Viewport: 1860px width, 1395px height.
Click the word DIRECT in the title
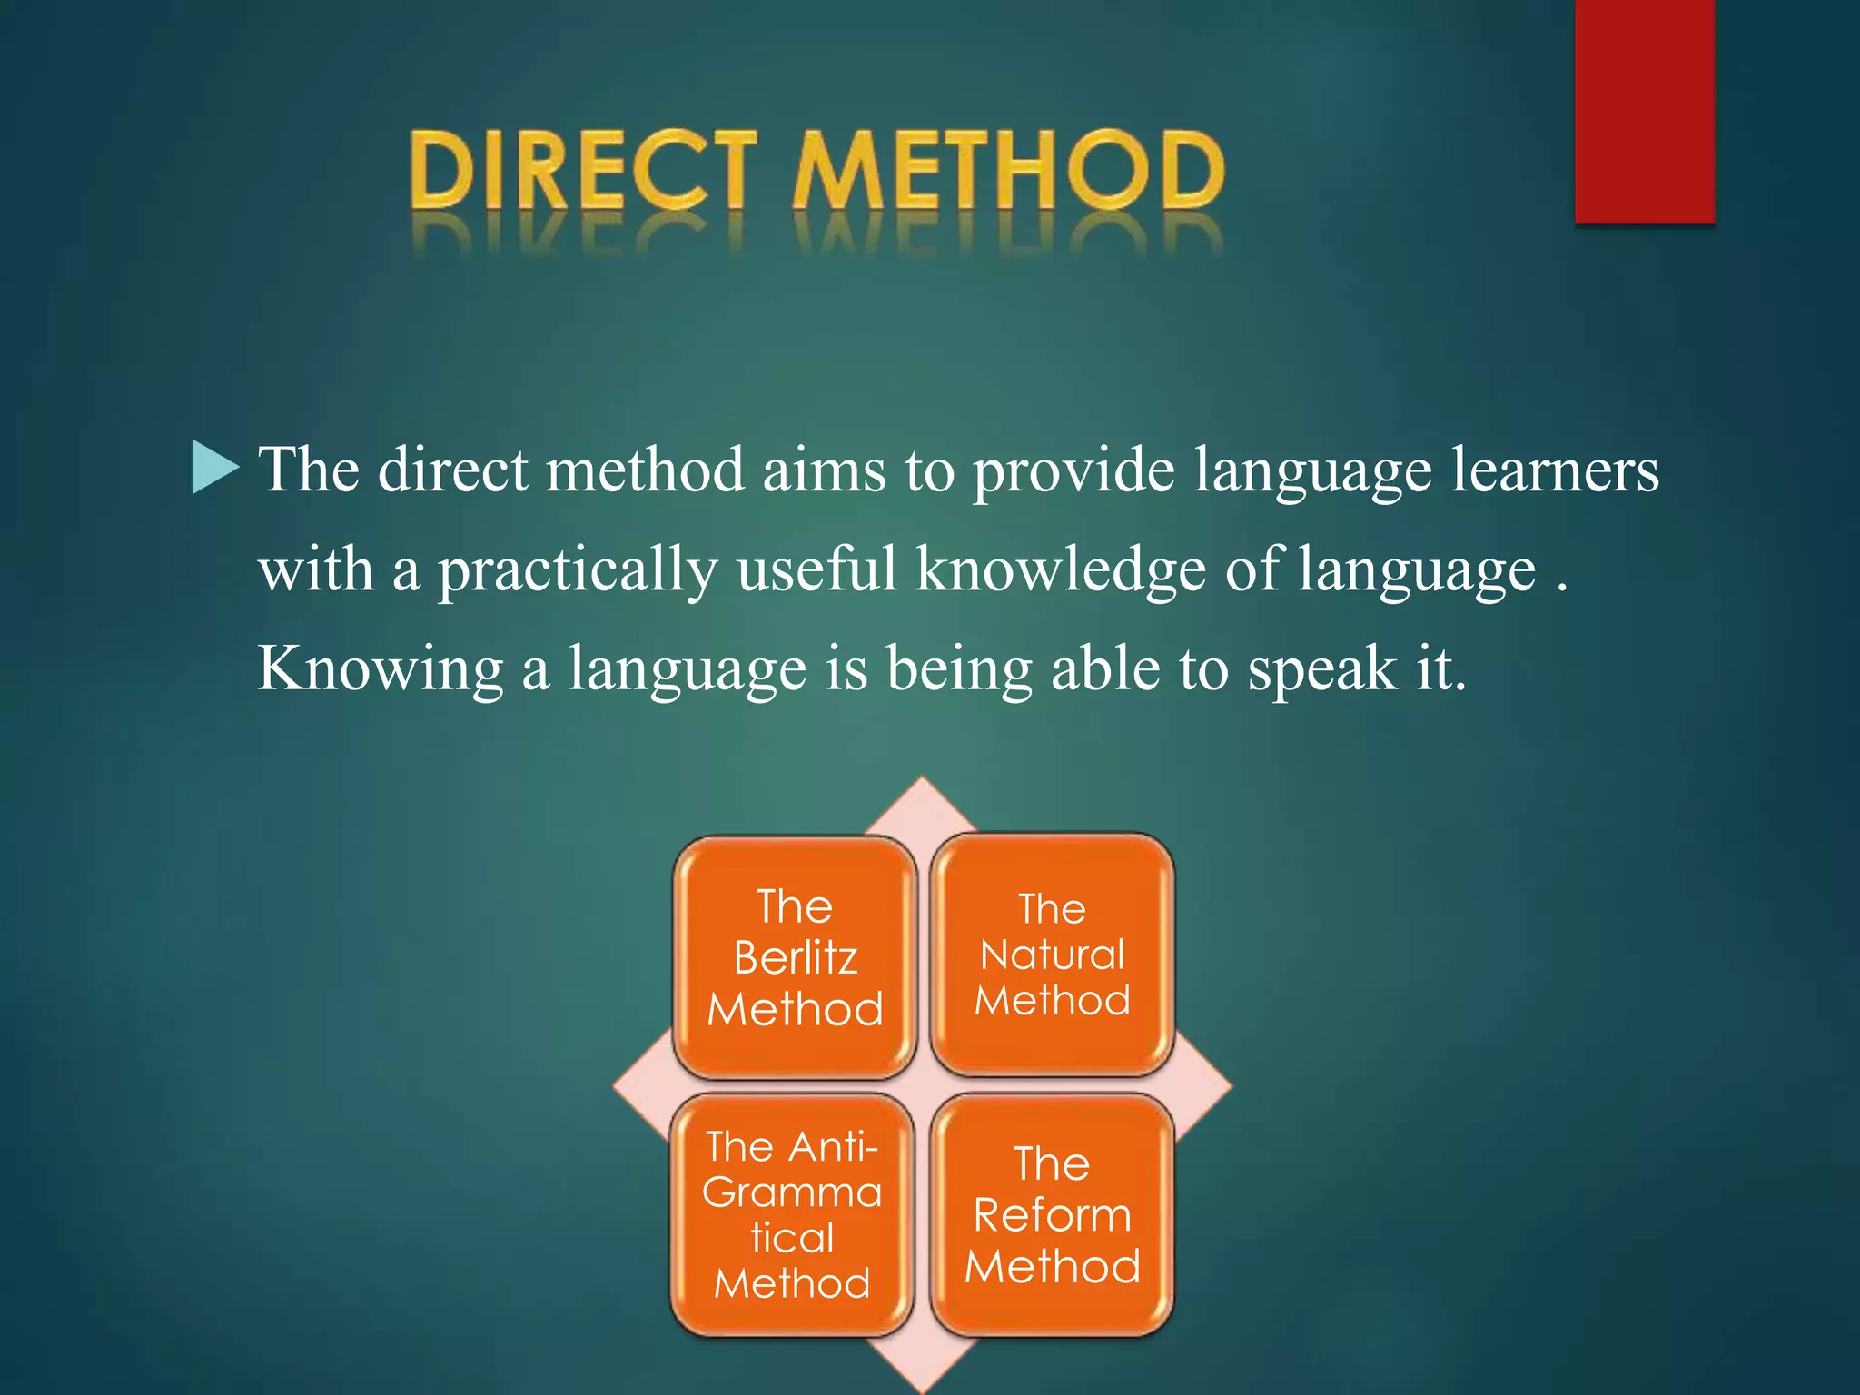(x=581, y=171)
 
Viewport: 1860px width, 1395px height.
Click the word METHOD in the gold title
(x=1008, y=171)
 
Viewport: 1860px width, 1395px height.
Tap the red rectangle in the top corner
(x=1644, y=111)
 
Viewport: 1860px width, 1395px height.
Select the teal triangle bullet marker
(x=214, y=468)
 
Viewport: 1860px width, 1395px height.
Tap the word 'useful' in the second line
(x=816, y=570)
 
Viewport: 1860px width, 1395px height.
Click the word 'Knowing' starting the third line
(x=380, y=670)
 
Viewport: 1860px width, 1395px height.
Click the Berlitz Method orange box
(x=795, y=957)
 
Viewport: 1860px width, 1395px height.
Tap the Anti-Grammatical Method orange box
(x=792, y=1214)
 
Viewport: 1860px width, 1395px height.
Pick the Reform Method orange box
(x=1053, y=1215)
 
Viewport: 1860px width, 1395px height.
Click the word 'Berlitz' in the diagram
(x=796, y=957)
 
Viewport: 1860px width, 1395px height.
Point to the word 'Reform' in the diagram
(x=1053, y=1215)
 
